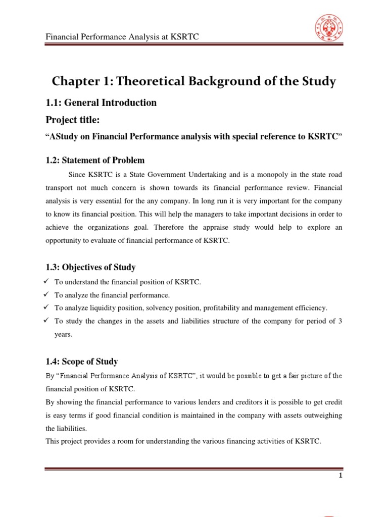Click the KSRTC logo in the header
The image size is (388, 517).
[x=329, y=29]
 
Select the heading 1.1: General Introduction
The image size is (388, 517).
[x=101, y=103]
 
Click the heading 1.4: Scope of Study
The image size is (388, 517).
[x=82, y=361]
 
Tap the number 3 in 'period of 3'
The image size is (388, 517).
[x=340, y=321]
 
